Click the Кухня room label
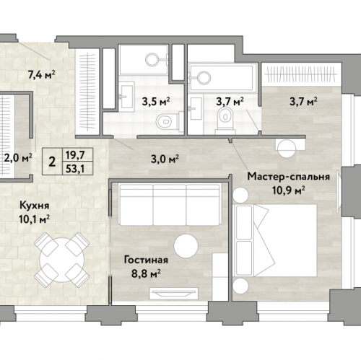click(x=35, y=206)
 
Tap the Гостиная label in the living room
click(x=146, y=260)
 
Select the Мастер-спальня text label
click(x=288, y=177)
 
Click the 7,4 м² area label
click(x=42, y=75)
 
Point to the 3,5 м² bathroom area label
click(x=156, y=102)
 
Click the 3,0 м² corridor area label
click(x=165, y=159)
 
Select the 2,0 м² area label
click(x=18, y=159)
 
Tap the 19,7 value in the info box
click(x=75, y=155)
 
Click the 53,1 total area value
click(x=75, y=169)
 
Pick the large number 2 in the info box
click(x=52, y=162)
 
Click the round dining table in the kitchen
click(x=62, y=260)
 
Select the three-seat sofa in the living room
click(x=170, y=205)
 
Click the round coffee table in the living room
click(x=186, y=246)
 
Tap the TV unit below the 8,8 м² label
click(x=174, y=294)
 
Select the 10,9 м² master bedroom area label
click(x=289, y=190)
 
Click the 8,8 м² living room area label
click(x=146, y=273)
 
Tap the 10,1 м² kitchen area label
click(x=35, y=219)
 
